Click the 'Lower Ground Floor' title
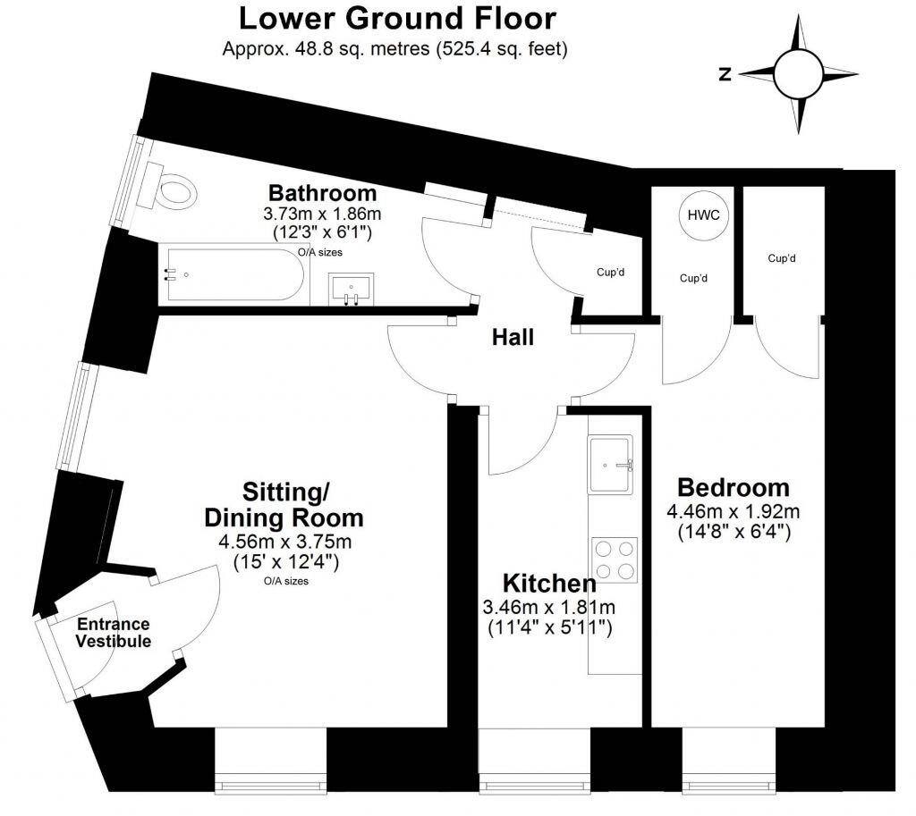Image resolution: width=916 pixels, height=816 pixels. pos(397,18)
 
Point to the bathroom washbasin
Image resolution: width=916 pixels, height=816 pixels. pos(352,290)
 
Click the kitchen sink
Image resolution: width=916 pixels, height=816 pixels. pos(610,463)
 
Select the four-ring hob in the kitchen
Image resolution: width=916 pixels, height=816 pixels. pos(614,559)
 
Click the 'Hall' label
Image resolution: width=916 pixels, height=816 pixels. pos(513,338)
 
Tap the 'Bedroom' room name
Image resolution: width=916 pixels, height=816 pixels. pos(734,488)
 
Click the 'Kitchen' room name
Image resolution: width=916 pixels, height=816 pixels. pos(549,585)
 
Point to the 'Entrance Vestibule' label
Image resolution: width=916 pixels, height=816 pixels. pos(113,633)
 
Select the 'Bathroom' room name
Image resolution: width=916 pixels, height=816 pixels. pos(323,193)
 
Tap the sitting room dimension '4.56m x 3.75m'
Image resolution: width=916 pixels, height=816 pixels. pos(285,543)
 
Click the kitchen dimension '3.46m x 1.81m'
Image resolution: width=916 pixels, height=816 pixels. pos(549,608)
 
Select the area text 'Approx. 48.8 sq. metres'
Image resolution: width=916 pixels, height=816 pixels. pos(326,50)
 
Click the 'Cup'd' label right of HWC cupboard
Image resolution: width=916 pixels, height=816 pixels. pos(781,258)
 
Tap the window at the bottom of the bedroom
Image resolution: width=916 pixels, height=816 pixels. pos(727,786)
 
